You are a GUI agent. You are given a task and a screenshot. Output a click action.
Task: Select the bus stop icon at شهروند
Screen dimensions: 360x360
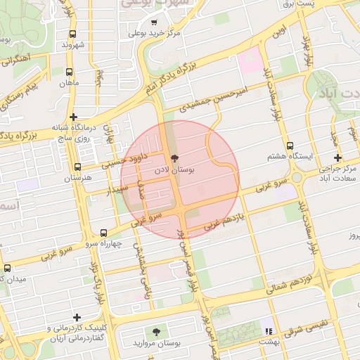coord(73,33)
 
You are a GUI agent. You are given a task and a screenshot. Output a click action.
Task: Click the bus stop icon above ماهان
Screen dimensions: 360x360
coord(69,72)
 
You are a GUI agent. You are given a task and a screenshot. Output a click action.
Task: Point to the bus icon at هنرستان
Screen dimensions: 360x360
coord(77,167)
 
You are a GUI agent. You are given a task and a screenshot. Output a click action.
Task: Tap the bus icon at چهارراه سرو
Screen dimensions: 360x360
coord(104,233)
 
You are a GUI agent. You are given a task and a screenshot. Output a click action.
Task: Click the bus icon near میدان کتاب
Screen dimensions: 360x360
coord(7,268)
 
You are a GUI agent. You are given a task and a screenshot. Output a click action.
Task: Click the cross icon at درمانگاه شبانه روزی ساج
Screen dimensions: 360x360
coord(73,117)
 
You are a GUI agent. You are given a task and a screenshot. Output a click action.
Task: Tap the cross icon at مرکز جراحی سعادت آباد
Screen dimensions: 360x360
coord(338,157)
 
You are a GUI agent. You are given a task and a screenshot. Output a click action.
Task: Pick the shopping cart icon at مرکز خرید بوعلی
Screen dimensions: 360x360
coord(154,22)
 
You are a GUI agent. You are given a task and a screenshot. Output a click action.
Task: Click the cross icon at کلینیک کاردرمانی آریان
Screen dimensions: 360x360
coord(77,318)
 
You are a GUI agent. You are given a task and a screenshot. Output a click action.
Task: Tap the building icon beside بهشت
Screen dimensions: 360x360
coord(267,330)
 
